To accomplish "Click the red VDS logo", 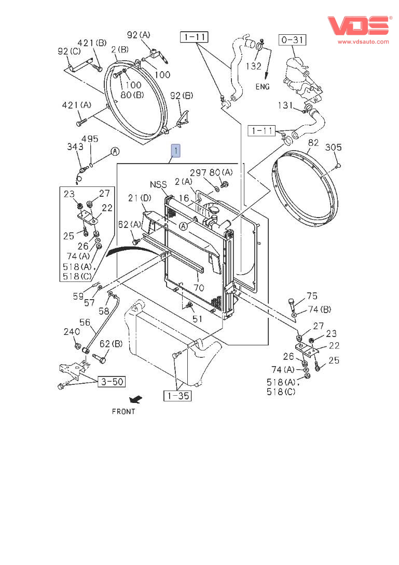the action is point(359,26).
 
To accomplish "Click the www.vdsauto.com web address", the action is point(363,42).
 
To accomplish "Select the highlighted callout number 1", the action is point(175,151).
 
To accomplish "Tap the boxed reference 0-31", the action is point(293,39).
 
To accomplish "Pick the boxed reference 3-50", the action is point(112,382).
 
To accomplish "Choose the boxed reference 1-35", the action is point(177,396).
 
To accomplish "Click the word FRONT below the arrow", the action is point(123,411).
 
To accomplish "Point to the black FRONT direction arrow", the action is point(136,399).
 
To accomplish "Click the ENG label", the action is point(263,87).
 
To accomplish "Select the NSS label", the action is point(158,184).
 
